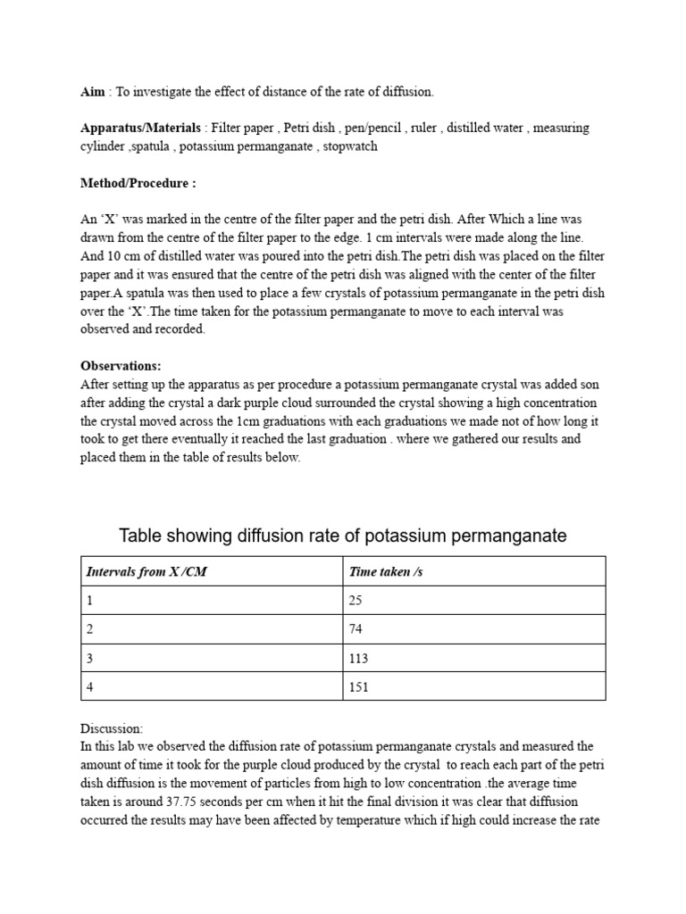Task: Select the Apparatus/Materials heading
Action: (140, 128)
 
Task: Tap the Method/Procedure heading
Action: (138, 183)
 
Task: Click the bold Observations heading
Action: (121, 366)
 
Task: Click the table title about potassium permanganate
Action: (343, 536)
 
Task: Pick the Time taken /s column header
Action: (385, 571)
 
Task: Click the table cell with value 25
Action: (355, 601)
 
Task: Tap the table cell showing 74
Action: (355, 629)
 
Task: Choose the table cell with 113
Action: (358, 658)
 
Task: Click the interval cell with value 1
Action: (89, 601)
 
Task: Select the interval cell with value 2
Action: (89, 629)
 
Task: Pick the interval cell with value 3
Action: (89, 658)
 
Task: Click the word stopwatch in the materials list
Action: (350, 145)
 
